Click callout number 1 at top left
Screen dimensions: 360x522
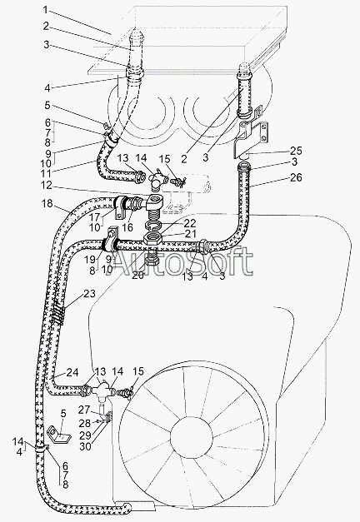(46, 10)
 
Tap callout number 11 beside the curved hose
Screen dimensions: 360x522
(47, 173)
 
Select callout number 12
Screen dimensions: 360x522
(46, 185)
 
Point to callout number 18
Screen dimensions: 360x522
(47, 203)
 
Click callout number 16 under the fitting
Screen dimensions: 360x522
(127, 227)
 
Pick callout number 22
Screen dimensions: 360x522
(190, 223)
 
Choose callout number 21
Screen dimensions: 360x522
(191, 234)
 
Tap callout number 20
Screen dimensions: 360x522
(137, 275)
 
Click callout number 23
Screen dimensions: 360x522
(89, 293)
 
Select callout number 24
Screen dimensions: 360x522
(72, 372)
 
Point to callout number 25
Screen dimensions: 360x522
(295, 151)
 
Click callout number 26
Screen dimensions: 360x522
(295, 177)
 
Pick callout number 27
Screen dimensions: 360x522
(85, 410)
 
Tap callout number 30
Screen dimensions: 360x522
(85, 446)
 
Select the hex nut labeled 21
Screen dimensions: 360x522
(152, 239)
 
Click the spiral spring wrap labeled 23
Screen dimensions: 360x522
(58, 315)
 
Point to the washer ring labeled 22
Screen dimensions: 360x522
(153, 226)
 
